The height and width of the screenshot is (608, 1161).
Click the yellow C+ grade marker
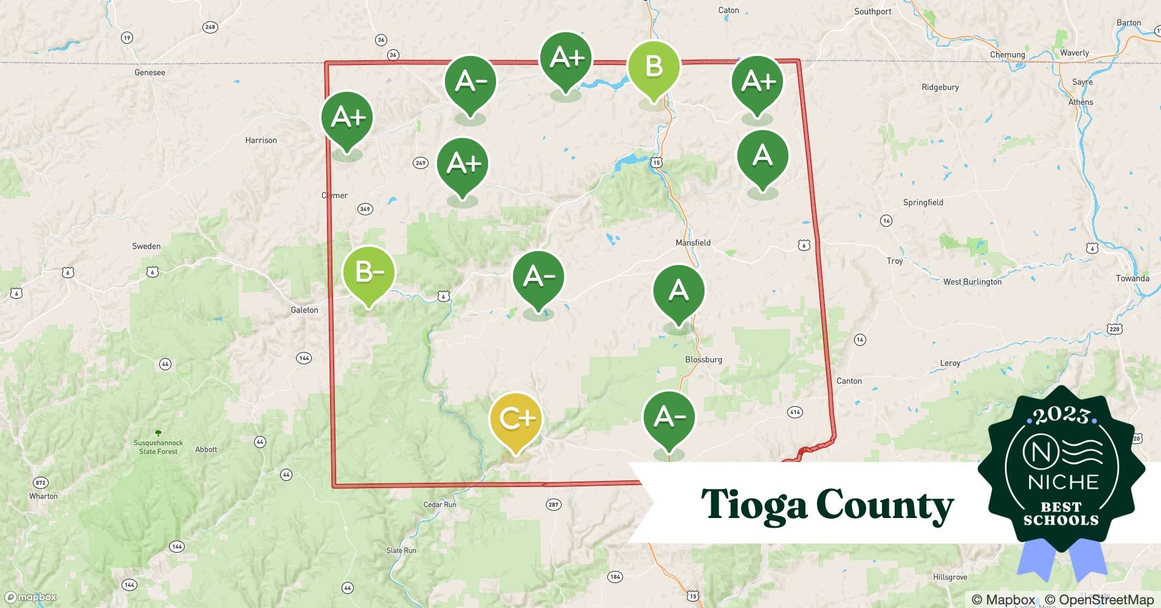[515, 419]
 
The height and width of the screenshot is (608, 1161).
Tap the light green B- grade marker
[369, 273]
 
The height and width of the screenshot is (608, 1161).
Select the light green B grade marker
[653, 66]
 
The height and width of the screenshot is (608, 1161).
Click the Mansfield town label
[693, 243]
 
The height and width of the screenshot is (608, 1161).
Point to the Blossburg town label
[703, 359]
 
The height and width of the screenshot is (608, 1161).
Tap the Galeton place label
[304, 310]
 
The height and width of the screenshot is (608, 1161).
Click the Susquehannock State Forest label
[158, 447]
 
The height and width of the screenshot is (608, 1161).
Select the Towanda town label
[1132, 278]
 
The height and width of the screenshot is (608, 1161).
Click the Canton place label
[849, 381]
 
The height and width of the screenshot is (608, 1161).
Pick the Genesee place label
[150, 72]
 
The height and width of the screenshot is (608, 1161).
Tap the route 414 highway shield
[794, 412]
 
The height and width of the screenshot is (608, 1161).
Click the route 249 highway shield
[420, 163]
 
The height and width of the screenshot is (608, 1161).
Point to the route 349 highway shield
[365, 209]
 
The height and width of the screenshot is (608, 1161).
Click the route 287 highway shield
[553, 505]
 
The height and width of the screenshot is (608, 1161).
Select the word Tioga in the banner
[753, 505]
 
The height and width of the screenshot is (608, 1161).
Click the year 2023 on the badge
[1061, 415]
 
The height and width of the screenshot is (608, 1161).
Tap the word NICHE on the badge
[1063, 482]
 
